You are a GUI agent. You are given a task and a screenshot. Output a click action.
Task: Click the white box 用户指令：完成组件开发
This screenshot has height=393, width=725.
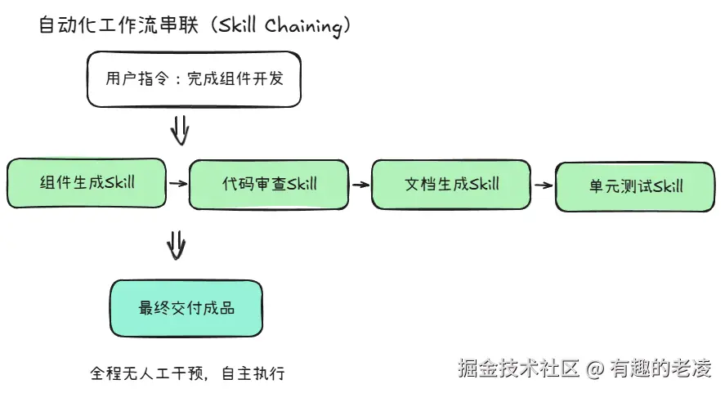pyautogui.click(x=194, y=79)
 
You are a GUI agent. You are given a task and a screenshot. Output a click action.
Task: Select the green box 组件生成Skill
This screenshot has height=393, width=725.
pyautogui.click(x=87, y=182)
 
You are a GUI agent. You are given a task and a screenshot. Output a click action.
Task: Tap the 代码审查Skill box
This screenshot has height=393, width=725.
pyautogui.click(x=269, y=184)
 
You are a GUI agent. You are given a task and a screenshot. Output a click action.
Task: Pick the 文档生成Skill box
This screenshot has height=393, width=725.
pyautogui.click(x=451, y=184)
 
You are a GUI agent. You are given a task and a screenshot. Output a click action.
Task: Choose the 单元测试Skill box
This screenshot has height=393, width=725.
pyautogui.click(x=635, y=186)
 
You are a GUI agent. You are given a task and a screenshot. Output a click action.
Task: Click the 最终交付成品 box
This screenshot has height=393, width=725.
pyautogui.click(x=186, y=309)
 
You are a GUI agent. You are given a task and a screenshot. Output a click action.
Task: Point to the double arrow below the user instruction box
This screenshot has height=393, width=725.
pyautogui.click(x=180, y=129)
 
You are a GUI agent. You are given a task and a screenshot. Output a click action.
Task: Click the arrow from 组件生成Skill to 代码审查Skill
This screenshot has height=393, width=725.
pyautogui.click(x=177, y=183)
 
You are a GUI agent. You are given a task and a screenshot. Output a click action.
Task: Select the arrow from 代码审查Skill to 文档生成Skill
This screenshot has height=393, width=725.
pyautogui.click(x=360, y=185)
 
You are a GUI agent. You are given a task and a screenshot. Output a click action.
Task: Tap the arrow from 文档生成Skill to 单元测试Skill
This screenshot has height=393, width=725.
pyautogui.click(x=543, y=185)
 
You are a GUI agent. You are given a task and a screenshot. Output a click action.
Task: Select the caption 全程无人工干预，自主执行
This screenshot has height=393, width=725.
pyautogui.click(x=187, y=374)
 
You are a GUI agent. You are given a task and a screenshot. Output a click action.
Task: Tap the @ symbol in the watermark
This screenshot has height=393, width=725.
pyautogui.click(x=595, y=368)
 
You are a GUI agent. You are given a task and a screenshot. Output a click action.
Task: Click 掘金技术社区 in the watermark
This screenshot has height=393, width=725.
pyautogui.click(x=519, y=368)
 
